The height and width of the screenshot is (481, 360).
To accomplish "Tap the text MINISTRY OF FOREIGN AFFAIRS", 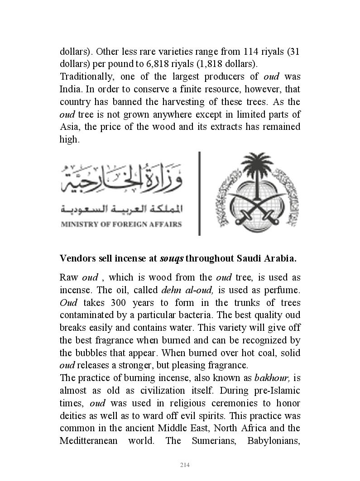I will click(x=121, y=224).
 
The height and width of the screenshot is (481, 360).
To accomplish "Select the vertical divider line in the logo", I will click(x=199, y=193).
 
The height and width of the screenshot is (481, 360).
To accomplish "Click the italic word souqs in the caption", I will click(x=172, y=259).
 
